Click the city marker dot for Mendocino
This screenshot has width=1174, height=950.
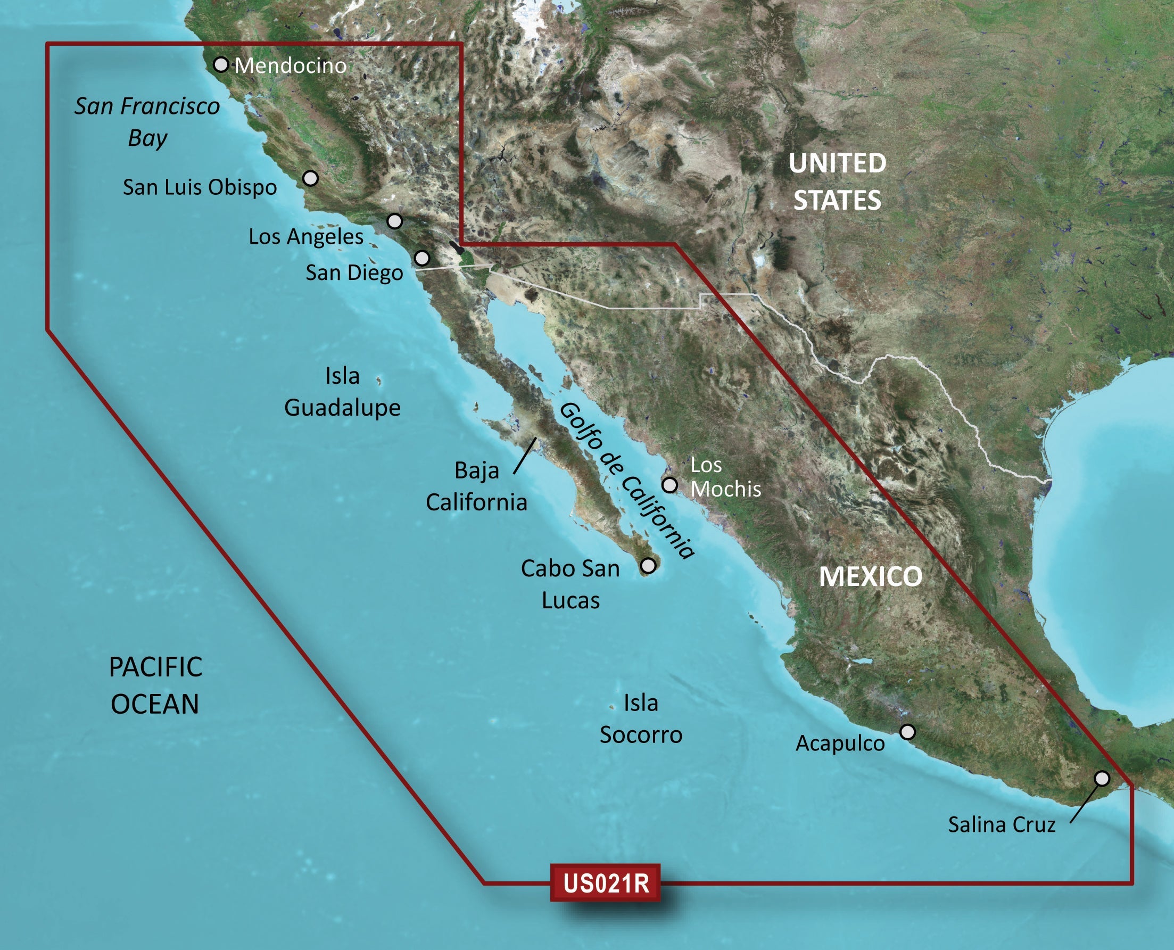pyautogui.click(x=220, y=64)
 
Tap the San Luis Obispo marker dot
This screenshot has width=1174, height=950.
pyautogui.click(x=310, y=178)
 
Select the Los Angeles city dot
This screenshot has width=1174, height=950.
pyautogui.click(x=394, y=221)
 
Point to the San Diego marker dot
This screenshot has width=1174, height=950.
pyautogui.click(x=422, y=257)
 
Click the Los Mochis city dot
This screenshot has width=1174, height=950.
pyautogui.click(x=669, y=485)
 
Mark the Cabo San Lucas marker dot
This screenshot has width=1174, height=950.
pyautogui.click(x=648, y=565)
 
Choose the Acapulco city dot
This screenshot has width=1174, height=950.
pyautogui.click(x=907, y=732)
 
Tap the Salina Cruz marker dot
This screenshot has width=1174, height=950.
pyautogui.click(x=1102, y=778)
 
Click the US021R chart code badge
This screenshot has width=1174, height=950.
pyautogui.click(x=606, y=883)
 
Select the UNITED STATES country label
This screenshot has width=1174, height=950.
pyautogui.click(x=837, y=181)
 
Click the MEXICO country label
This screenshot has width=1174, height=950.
pyautogui.click(x=870, y=577)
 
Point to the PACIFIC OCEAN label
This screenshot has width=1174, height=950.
pyautogui.click(x=155, y=685)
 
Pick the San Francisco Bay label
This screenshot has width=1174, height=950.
pyautogui.click(x=147, y=121)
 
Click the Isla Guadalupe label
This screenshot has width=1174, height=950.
pyautogui.click(x=343, y=392)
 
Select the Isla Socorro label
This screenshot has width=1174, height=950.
pyautogui.click(x=641, y=718)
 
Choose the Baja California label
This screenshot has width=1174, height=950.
pyautogui.click(x=476, y=486)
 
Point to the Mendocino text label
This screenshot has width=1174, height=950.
pyautogui.click(x=291, y=65)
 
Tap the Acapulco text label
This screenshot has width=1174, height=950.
pyautogui.click(x=840, y=743)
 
